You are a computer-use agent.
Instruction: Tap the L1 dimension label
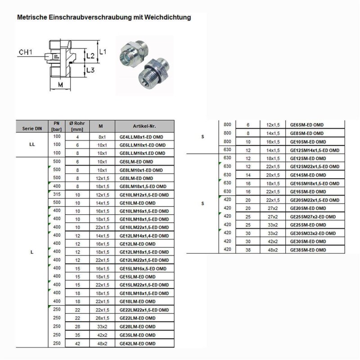tap(103, 52)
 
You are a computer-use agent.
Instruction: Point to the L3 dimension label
tap(91, 70)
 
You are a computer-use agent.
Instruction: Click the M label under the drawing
tap(59, 84)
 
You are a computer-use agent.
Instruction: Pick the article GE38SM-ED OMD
tap(308, 249)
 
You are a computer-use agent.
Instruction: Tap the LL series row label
tap(31, 145)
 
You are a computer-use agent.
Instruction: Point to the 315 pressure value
tap(57, 195)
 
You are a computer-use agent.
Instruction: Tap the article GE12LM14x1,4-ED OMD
tap(144, 236)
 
